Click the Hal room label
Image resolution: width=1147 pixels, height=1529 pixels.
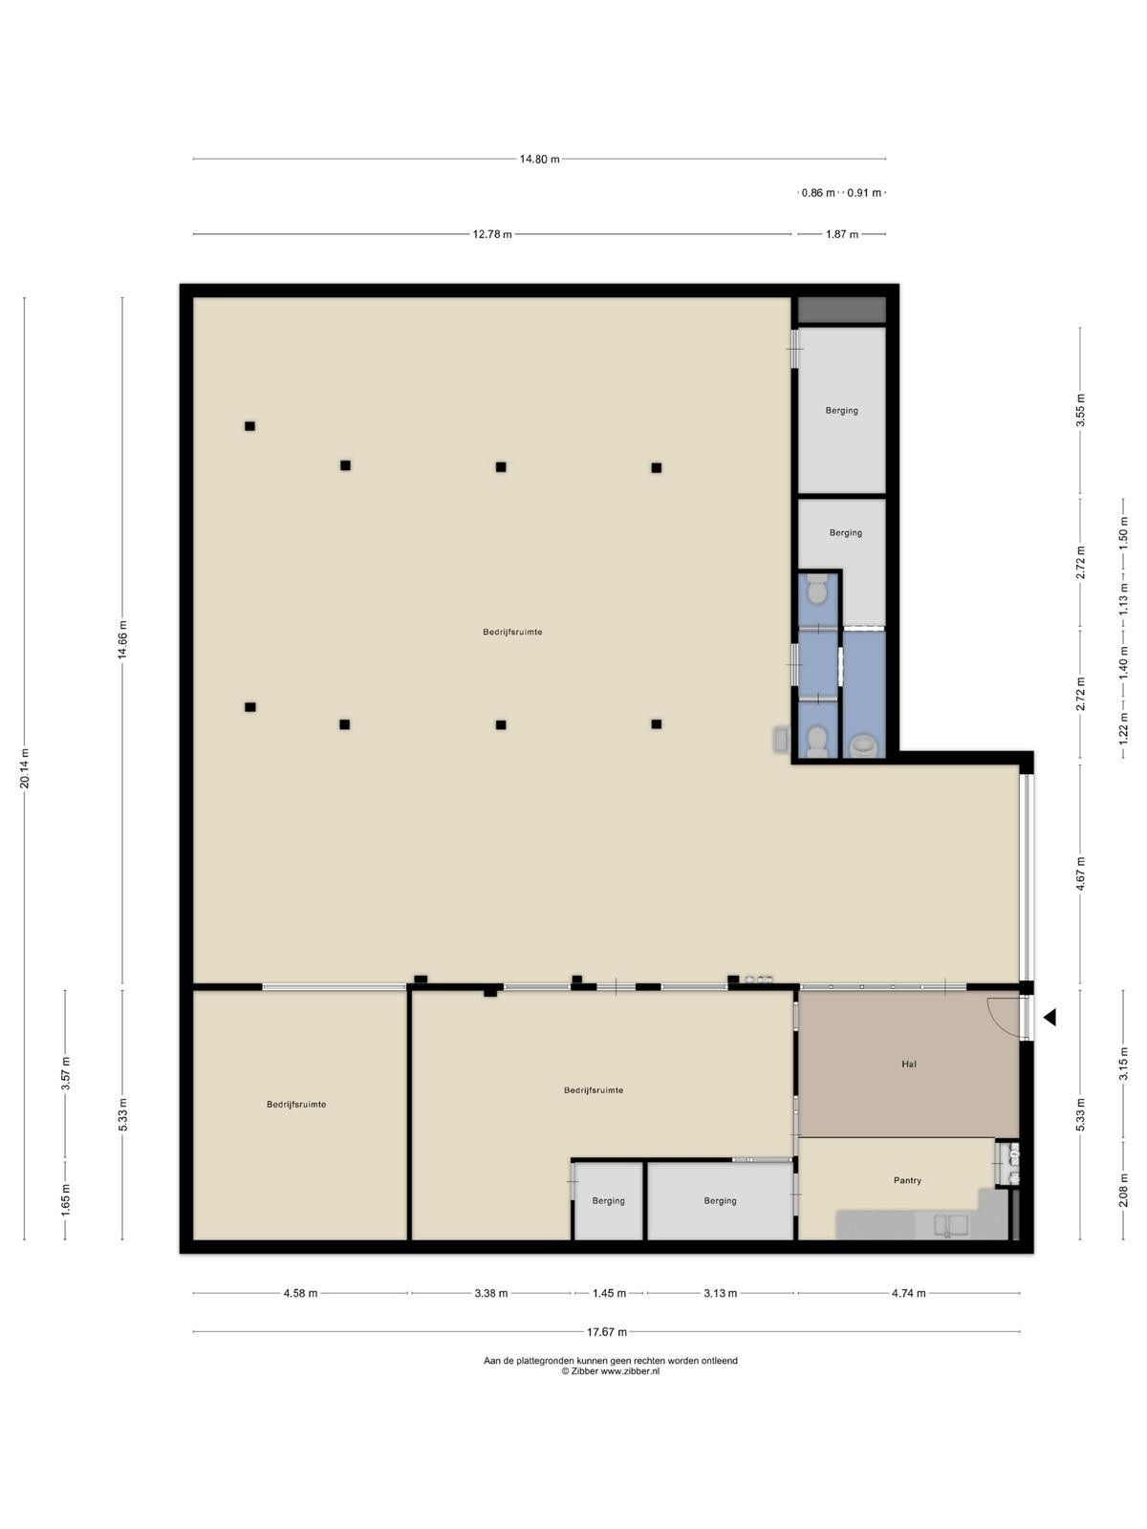(908, 1064)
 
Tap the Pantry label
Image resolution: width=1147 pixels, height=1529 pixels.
(907, 1180)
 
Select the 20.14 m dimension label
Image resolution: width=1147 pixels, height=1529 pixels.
(25, 769)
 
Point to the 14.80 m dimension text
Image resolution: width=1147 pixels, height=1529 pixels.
(540, 159)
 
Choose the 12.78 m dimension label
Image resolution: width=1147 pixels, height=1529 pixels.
(492, 234)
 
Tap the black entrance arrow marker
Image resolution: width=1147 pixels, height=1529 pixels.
(1050, 1018)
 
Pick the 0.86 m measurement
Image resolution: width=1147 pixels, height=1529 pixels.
(818, 193)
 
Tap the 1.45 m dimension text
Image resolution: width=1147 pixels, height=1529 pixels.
(609, 1294)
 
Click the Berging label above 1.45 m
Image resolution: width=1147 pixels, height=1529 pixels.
(609, 1201)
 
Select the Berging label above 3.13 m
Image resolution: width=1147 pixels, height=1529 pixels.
(720, 1201)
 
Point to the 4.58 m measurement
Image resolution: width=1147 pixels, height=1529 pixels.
(300, 1294)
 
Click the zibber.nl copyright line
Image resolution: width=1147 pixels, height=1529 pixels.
(611, 1371)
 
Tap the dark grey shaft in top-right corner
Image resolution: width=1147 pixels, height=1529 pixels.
(842, 310)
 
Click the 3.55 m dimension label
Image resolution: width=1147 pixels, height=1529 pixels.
(1080, 411)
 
